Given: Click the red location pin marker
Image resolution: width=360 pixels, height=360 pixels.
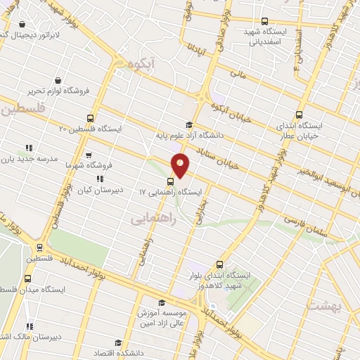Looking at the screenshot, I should pos(180,165).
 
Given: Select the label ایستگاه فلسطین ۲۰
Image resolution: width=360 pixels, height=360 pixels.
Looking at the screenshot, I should pos(91,129).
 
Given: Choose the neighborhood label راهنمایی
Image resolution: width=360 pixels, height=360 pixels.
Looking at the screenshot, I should pos(152,220).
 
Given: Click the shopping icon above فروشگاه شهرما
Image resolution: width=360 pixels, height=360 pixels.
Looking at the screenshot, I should pos(88,155).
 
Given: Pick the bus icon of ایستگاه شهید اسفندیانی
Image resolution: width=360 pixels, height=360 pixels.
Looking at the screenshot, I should pos(264,21).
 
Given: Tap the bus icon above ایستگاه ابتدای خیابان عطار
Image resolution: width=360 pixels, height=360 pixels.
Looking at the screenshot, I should pos(300,115).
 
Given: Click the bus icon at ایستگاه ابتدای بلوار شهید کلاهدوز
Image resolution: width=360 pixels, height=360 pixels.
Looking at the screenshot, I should pos(220,264).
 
